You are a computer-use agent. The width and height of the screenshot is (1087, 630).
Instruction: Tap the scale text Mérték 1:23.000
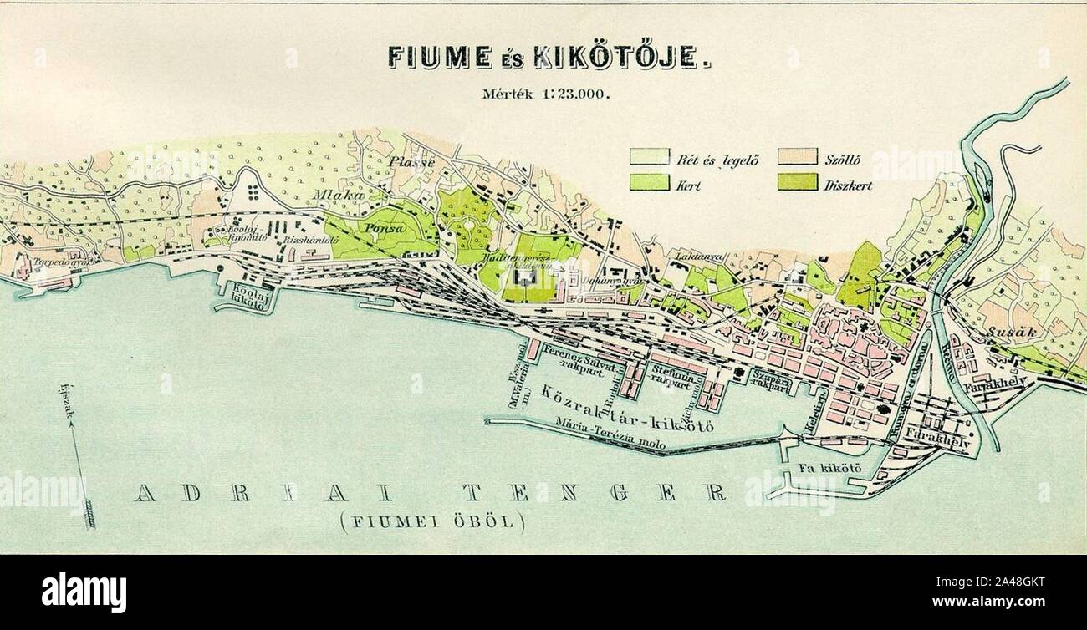tap(547, 94)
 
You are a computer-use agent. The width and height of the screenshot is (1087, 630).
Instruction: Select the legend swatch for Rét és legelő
tap(650, 157)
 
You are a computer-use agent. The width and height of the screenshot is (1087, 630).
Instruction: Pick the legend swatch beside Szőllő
tap(797, 157)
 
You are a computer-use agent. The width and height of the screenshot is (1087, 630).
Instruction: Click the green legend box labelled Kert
tap(650, 182)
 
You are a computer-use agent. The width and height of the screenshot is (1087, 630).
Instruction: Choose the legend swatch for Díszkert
tap(797, 182)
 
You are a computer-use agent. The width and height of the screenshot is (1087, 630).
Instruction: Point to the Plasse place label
tap(411, 162)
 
